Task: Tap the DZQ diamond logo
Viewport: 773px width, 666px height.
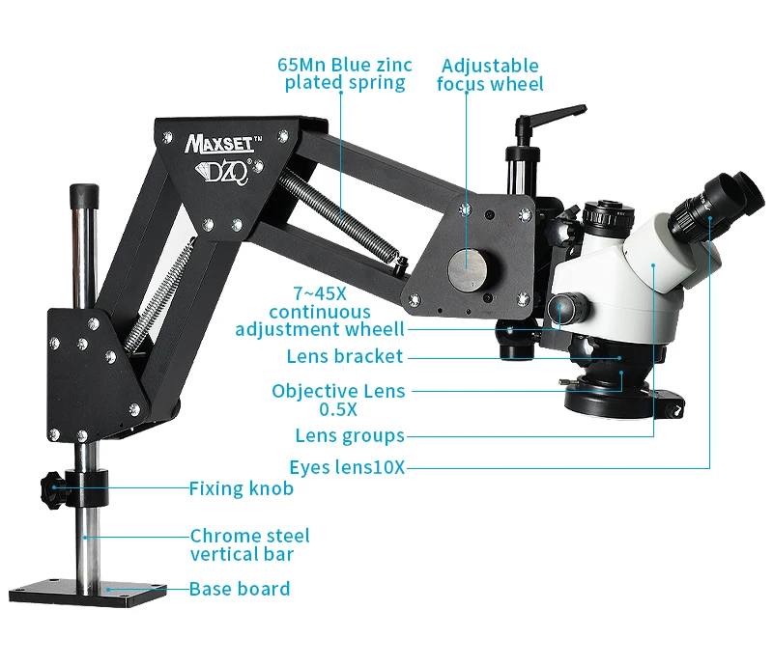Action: click(225, 168)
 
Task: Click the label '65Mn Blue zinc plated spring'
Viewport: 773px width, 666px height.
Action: click(344, 74)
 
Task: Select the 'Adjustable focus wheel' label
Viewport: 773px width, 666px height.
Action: click(490, 74)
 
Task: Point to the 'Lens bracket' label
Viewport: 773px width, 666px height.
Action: click(344, 356)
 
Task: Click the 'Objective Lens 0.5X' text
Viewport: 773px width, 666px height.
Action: click(338, 400)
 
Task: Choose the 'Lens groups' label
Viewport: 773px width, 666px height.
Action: click(350, 435)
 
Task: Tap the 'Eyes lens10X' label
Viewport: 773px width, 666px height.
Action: click(347, 468)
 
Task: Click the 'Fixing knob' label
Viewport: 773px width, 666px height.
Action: click(241, 488)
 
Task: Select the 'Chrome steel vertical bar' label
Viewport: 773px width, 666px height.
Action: click(249, 544)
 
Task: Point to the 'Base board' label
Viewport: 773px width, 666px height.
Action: click(239, 588)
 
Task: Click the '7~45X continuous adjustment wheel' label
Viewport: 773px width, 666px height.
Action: click(319, 312)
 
